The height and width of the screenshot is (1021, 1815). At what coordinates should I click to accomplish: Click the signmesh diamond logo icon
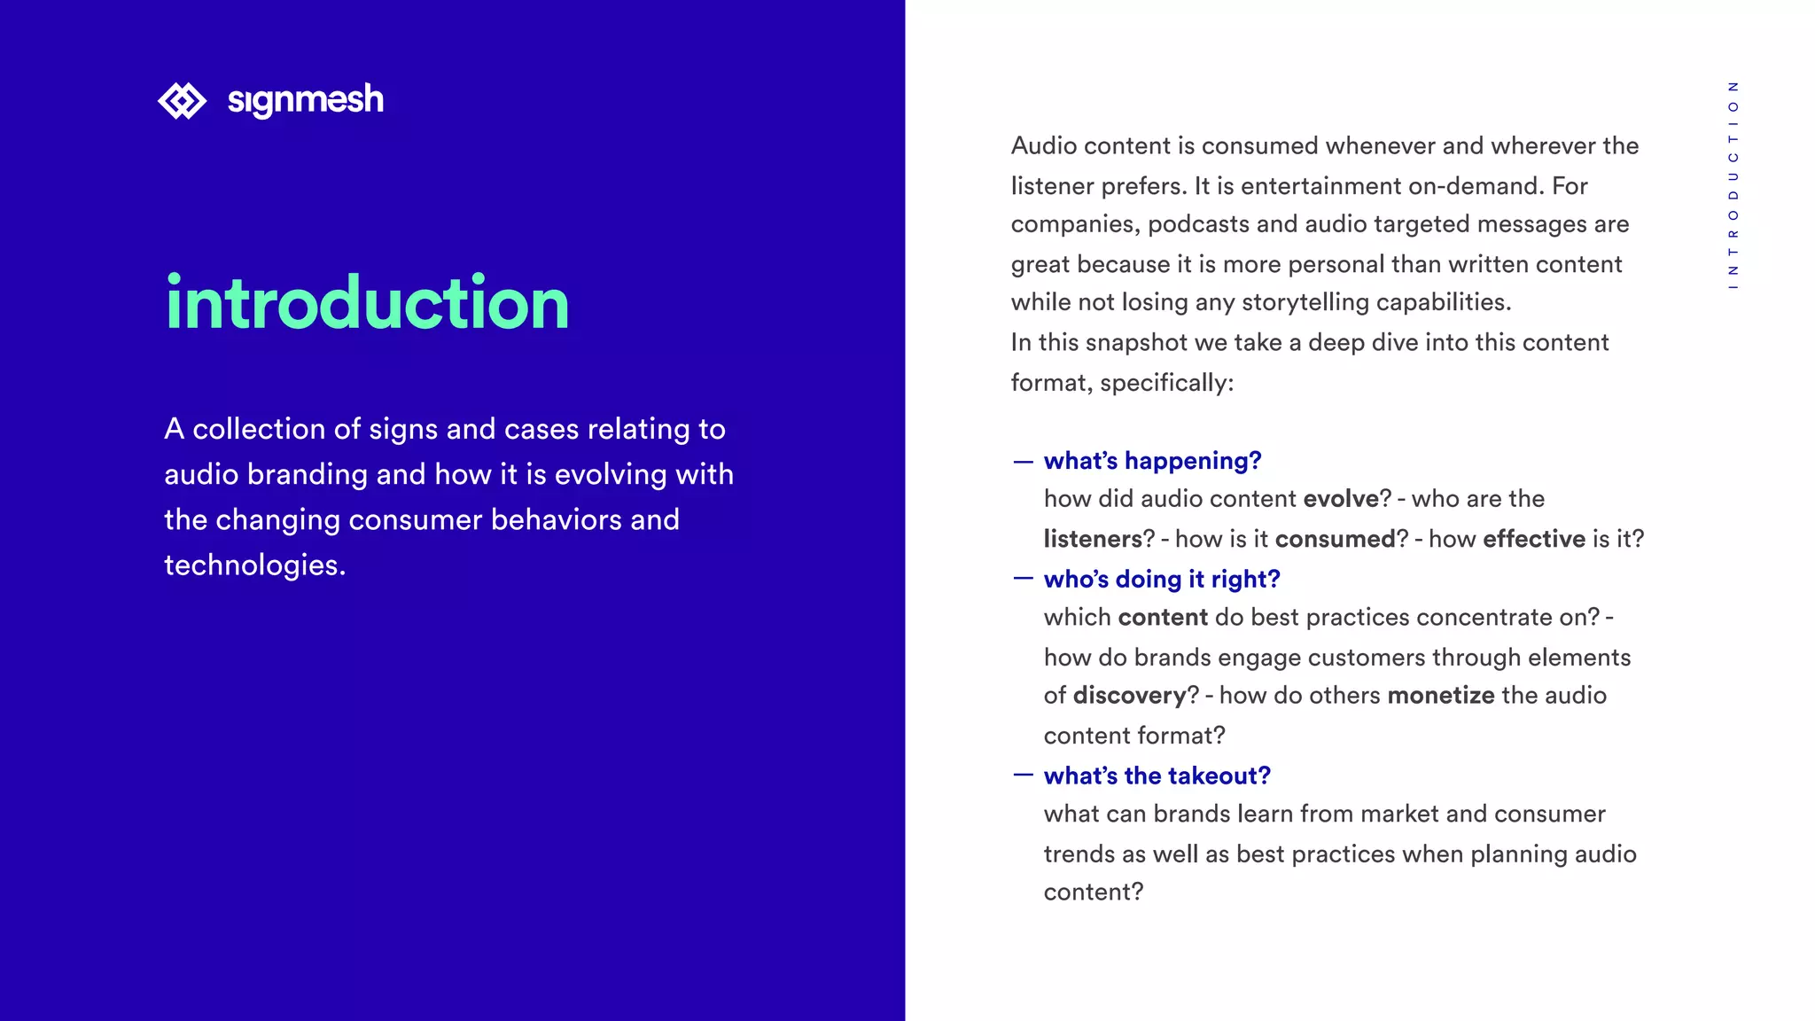pyautogui.click(x=182, y=100)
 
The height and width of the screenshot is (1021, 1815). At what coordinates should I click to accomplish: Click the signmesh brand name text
pyautogui.click(x=305, y=100)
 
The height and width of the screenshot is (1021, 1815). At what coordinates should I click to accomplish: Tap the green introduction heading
pyautogui.click(x=367, y=303)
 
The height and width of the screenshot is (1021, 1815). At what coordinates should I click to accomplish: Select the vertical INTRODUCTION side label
pyautogui.click(x=1733, y=185)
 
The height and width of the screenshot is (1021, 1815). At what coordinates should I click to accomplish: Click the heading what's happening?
pyautogui.click(x=1152, y=461)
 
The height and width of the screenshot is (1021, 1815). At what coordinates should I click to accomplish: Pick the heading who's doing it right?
pyautogui.click(x=1162, y=580)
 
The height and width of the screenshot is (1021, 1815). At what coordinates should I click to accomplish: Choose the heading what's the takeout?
pyautogui.click(x=1157, y=776)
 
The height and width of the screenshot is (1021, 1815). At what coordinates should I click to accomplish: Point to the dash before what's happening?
pyautogui.click(x=1023, y=462)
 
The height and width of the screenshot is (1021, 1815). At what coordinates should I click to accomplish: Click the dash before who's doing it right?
pyautogui.click(x=1023, y=580)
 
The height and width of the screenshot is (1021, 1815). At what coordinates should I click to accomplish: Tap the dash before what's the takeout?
pyautogui.click(x=1023, y=775)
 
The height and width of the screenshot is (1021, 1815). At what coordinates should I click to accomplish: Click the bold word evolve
pyautogui.click(x=1341, y=499)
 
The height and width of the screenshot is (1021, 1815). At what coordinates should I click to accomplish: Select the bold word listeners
pyautogui.click(x=1093, y=539)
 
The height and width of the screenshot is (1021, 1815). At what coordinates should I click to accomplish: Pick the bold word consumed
pyautogui.click(x=1336, y=539)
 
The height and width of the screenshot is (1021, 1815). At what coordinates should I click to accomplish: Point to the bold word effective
pyautogui.click(x=1534, y=539)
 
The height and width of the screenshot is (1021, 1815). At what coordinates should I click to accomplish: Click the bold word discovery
pyautogui.click(x=1129, y=696)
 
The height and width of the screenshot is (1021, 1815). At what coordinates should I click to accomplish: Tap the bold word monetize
pyautogui.click(x=1441, y=696)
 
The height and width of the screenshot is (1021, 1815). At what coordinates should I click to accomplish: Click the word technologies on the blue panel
pyautogui.click(x=254, y=565)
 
